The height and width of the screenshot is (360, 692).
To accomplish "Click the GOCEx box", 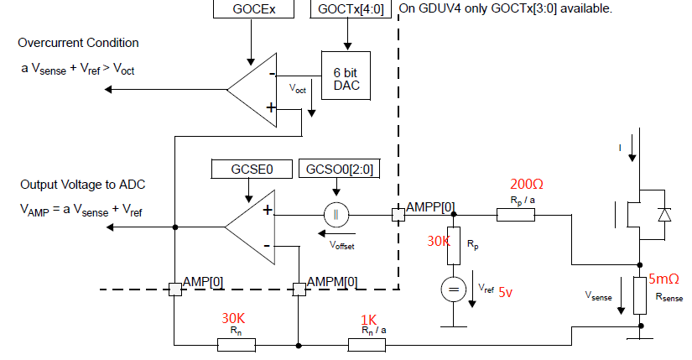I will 250,10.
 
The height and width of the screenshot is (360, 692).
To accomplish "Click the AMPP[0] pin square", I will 398,215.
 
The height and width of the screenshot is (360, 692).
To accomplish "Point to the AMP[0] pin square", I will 174,289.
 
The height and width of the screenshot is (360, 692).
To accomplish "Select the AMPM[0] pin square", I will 299,289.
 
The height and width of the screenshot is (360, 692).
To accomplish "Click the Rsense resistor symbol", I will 641,293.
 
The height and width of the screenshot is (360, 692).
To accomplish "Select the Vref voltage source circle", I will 452,290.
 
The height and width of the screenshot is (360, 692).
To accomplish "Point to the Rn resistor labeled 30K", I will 236,344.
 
